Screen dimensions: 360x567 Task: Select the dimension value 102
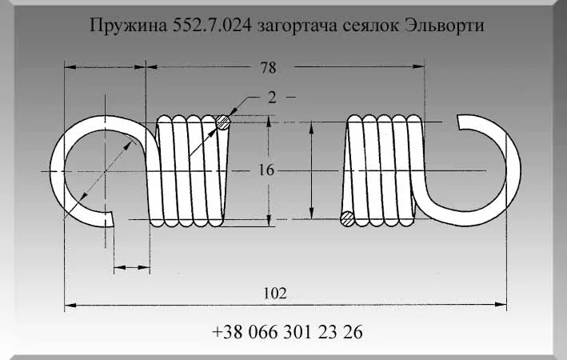tap(275, 293)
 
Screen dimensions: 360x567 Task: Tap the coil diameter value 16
tap(266, 170)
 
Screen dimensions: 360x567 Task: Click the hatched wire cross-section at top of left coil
tap(223, 122)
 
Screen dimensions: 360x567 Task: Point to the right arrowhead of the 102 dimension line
tap(502, 305)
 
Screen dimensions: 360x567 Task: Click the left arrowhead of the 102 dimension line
tap(70, 305)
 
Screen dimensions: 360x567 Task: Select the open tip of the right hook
tap(461, 121)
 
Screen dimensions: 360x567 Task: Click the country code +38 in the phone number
tap(227, 332)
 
